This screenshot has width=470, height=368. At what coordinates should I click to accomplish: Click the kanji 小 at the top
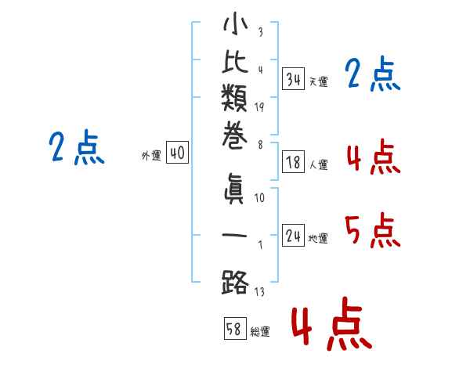[235, 23]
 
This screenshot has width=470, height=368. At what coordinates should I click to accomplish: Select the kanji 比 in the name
[235, 62]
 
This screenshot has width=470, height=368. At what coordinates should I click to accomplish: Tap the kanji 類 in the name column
[234, 98]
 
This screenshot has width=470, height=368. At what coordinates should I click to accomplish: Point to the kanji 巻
[234, 137]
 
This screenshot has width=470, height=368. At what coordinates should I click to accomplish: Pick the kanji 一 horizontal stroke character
[234, 235]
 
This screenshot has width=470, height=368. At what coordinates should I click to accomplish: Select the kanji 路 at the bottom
[235, 282]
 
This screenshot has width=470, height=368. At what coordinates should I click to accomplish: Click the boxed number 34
[293, 79]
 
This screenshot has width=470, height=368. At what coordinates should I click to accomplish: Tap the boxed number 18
[293, 162]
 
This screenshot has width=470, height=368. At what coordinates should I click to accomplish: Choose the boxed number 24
[293, 235]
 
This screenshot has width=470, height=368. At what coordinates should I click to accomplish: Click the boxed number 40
[177, 152]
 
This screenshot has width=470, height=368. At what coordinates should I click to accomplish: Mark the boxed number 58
[235, 328]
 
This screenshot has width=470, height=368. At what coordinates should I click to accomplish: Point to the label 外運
[151, 156]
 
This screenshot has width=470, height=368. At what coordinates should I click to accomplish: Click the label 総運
[260, 331]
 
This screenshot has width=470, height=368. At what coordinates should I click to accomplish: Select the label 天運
[318, 81]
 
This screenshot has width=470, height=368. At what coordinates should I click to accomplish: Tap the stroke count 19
[259, 107]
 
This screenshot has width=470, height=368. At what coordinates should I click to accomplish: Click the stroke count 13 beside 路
[259, 291]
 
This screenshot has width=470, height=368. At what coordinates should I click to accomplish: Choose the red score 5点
[373, 230]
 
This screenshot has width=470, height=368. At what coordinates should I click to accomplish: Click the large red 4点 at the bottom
[332, 323]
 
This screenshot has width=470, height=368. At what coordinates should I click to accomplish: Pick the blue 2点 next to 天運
[373, 74]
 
